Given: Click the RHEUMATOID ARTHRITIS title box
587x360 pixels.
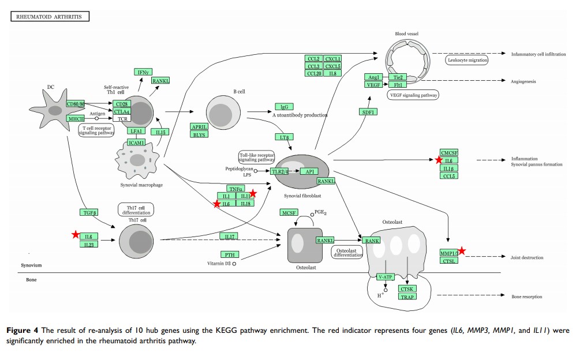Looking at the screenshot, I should tap(50, 16).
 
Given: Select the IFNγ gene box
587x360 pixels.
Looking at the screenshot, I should tap(143, 72).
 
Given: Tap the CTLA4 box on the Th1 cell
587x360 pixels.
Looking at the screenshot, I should tap(121, 111).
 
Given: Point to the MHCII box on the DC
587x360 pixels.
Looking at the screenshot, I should tap(76, 119).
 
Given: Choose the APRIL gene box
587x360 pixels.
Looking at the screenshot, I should tap(199, 127).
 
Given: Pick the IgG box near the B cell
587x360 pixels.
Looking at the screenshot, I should tap(284, 107).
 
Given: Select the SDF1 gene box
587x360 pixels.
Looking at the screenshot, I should tap(368, 112).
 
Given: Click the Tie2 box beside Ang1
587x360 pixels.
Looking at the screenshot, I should tap(398, 77).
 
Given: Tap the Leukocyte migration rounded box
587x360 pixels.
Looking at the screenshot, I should tap(467, 60).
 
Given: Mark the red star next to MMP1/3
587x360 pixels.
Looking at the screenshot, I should tap(462, 250).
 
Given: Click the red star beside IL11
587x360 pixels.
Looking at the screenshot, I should tap(253, 194).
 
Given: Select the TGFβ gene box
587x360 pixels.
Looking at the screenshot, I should tap(89, 213).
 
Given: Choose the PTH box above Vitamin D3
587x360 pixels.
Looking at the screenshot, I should tap(229, 254).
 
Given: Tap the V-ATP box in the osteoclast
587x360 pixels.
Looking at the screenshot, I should tap(386, 277).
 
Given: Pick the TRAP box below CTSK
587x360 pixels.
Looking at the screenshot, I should tap(407, 297).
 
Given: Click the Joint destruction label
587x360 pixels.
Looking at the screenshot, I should tap(526, 257).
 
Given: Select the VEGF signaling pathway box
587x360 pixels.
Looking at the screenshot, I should tap(412, 95).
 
